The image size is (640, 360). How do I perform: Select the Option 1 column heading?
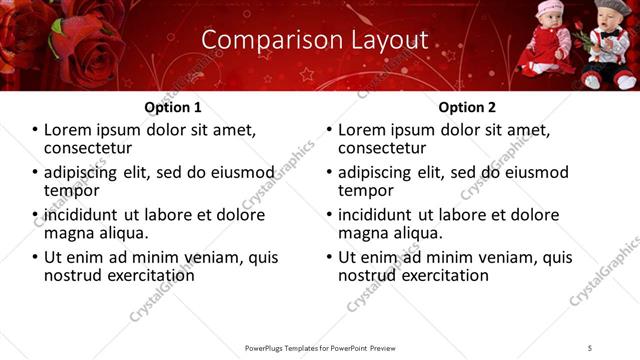pyautogui.click(x=173, y=107)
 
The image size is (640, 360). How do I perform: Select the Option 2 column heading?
pyautogui.click(x=467, y=107)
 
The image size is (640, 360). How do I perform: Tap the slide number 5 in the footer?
pyautogui.click(x=590, y=347)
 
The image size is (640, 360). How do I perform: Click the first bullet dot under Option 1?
pyautogui.click(x=34, y=130)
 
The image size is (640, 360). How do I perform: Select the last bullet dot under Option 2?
pyautogui.click(x=328, y=257)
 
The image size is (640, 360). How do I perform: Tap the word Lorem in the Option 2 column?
pyautogui.click(x=363, y=130)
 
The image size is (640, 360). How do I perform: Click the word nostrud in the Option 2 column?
pyautogui.click(x=370, y=274)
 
